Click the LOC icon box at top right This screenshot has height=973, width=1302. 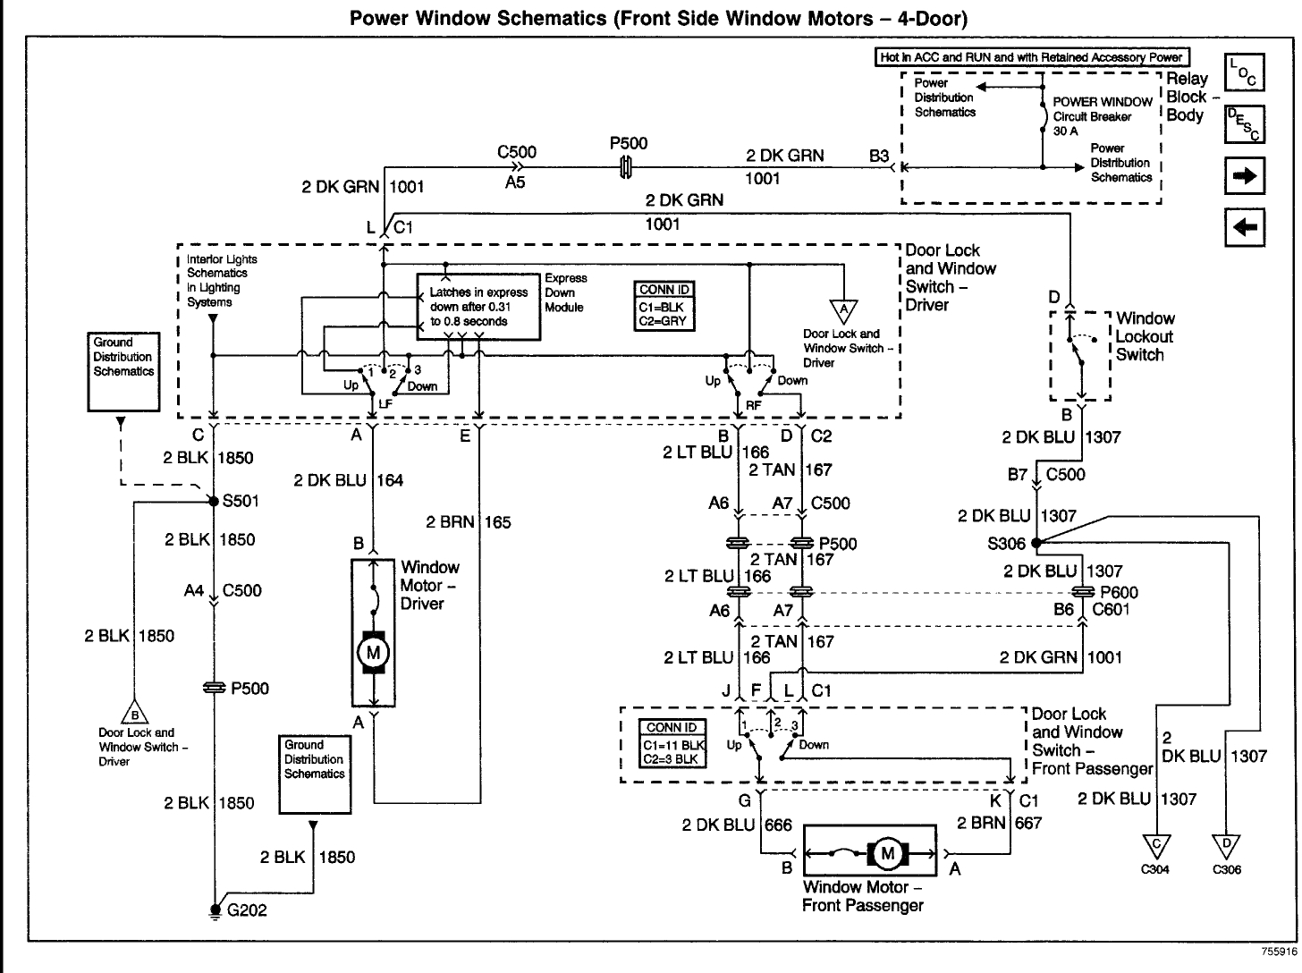click(1244, 72)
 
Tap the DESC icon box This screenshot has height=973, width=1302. click(1244, 124)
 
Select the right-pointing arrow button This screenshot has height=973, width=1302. click(1244, 175)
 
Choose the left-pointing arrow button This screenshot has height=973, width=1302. click(1244, 227)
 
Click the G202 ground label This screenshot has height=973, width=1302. click(247, 910)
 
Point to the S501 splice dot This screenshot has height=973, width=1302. click(214, 502)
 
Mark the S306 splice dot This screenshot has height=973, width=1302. click(1036, 542)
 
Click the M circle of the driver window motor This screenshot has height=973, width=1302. click(373, 653)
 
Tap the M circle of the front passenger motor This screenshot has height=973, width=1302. click(887, 854)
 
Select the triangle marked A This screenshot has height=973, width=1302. click(843, 310)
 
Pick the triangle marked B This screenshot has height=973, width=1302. click(135, 713)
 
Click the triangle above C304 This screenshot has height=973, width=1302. click(1156, 846)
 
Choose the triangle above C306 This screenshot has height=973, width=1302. click(1227, 846)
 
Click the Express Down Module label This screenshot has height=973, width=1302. click(565, 292)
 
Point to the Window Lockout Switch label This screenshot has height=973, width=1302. click(1145, 337)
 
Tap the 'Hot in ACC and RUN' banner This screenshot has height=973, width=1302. click(1032, 57)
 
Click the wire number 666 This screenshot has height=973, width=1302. click(778, 825)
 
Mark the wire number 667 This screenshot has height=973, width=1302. click(1028, 823)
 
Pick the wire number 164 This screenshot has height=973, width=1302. click(390, 480)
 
